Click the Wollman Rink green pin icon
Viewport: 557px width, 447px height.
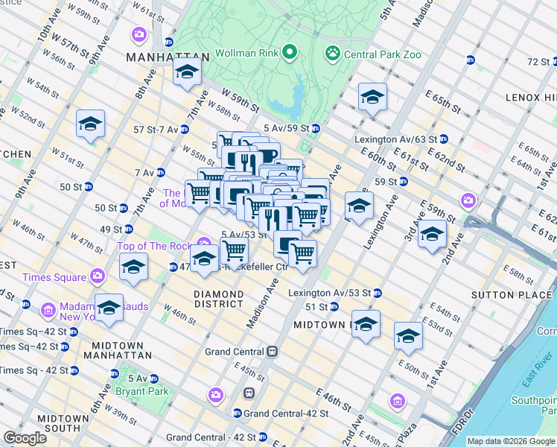tap(290, 53)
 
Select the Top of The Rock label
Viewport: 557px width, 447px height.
tap(154, 246)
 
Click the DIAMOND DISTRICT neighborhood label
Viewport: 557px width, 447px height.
tap(218, 299)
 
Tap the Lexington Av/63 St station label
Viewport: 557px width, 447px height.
tap(396, 139)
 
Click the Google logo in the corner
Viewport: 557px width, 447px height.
tap(25, 438)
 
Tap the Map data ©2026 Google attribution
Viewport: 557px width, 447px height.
tap(511, 441)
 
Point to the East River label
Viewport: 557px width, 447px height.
tap(536, 381)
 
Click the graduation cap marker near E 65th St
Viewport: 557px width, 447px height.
tap(372, 97)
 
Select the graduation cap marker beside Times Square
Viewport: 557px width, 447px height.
tap(133, 266)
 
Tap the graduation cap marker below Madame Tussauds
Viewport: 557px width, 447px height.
tap(109, 308)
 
